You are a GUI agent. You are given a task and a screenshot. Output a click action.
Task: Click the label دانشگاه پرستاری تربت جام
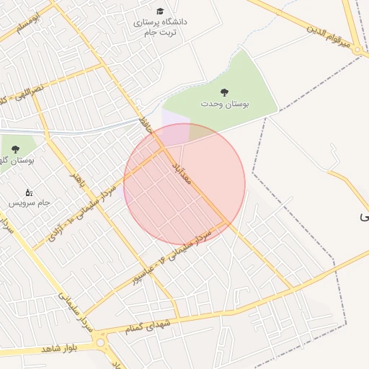(x=159, y=27)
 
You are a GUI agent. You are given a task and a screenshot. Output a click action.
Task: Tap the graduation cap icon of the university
(x=159, y=11)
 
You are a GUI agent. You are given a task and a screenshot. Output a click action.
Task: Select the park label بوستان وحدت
(x=225, y=105)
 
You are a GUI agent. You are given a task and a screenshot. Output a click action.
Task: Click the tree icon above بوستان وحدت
(x=225, y=92)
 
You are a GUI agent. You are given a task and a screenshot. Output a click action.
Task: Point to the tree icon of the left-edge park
(x=15, y=148)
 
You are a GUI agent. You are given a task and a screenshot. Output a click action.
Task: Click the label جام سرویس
(x=29, y=203)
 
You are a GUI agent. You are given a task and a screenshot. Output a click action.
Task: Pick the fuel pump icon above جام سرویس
(x=29, y=192)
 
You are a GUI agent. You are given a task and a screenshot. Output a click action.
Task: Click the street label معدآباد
(x=181, y=175)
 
